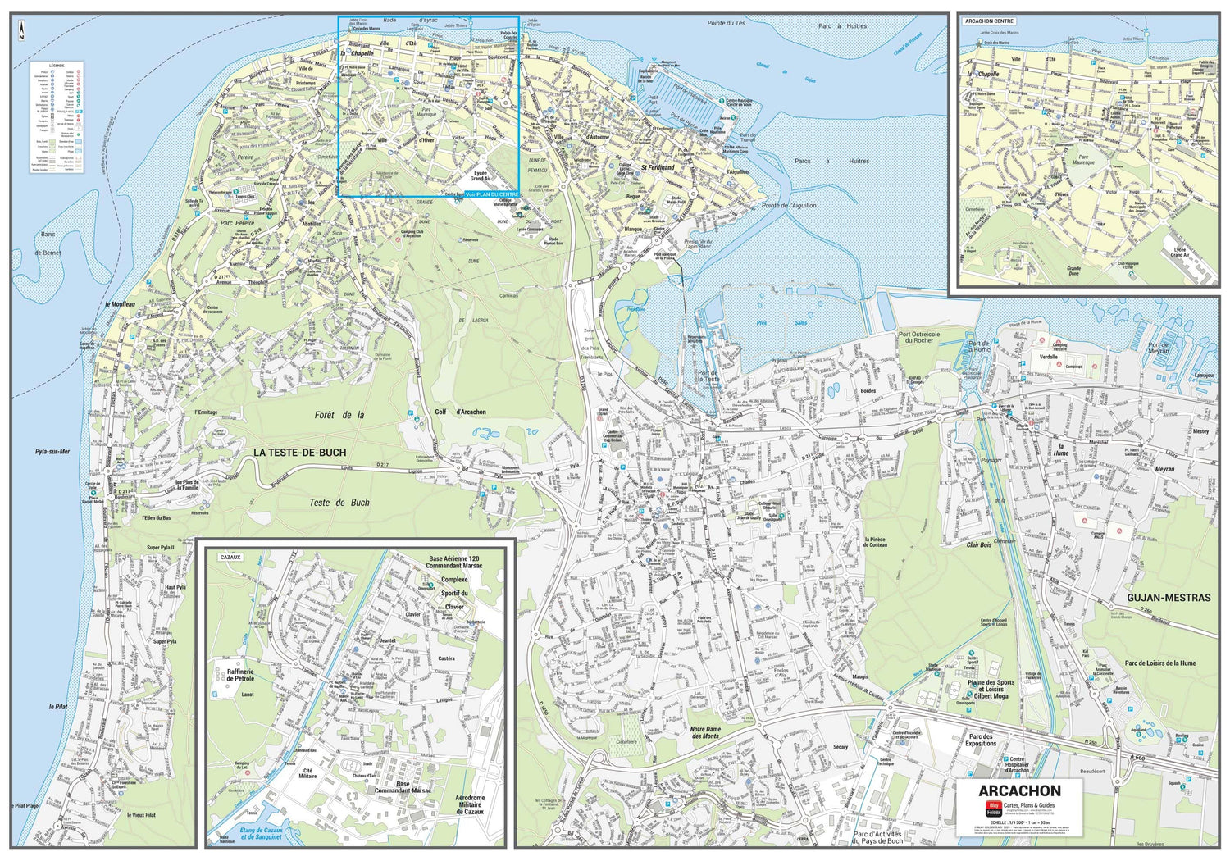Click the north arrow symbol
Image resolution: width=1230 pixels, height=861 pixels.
21,32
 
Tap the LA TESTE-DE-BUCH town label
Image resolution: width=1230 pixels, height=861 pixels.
299,453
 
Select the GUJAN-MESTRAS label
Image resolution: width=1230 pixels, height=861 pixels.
1168,598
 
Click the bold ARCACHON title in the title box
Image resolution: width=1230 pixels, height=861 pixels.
1019,791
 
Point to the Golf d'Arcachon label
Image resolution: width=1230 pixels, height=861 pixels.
460,412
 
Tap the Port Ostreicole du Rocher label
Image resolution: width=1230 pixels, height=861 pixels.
918,337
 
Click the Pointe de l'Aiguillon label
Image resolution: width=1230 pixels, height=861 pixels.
788,205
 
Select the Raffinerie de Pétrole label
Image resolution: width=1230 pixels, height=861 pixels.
240,675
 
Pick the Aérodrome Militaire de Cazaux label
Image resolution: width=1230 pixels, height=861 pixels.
469,804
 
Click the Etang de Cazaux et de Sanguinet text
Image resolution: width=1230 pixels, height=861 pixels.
261,834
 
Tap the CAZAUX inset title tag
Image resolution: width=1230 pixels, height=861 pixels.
230,557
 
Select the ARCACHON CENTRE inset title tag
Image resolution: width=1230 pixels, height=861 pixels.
989,21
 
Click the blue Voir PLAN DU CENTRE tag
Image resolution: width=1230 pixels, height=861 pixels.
491,194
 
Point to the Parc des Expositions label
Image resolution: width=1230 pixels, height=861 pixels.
980,740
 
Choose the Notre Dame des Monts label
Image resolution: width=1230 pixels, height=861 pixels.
705,732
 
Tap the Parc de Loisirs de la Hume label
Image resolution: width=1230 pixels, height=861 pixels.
1159,663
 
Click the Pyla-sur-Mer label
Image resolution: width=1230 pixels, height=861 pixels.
52,451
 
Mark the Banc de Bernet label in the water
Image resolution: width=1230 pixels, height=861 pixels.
48,244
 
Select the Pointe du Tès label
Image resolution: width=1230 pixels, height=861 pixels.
726,23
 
